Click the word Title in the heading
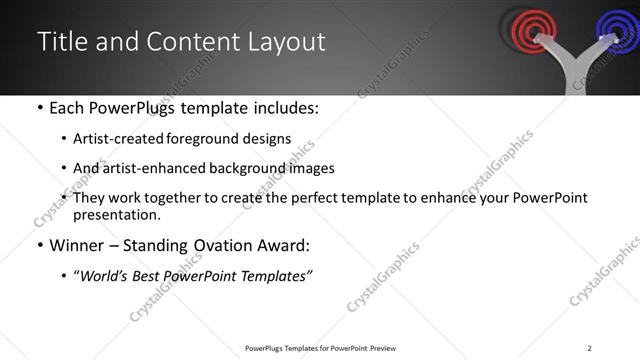click(x=59, y=41)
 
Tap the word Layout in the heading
click(x=289, y=41)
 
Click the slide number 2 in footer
click(x=590, y=348)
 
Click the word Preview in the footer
click(x=384, y=348)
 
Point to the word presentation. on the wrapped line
click(x=116, y=215)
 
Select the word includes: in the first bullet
click(x=285, y=108)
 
